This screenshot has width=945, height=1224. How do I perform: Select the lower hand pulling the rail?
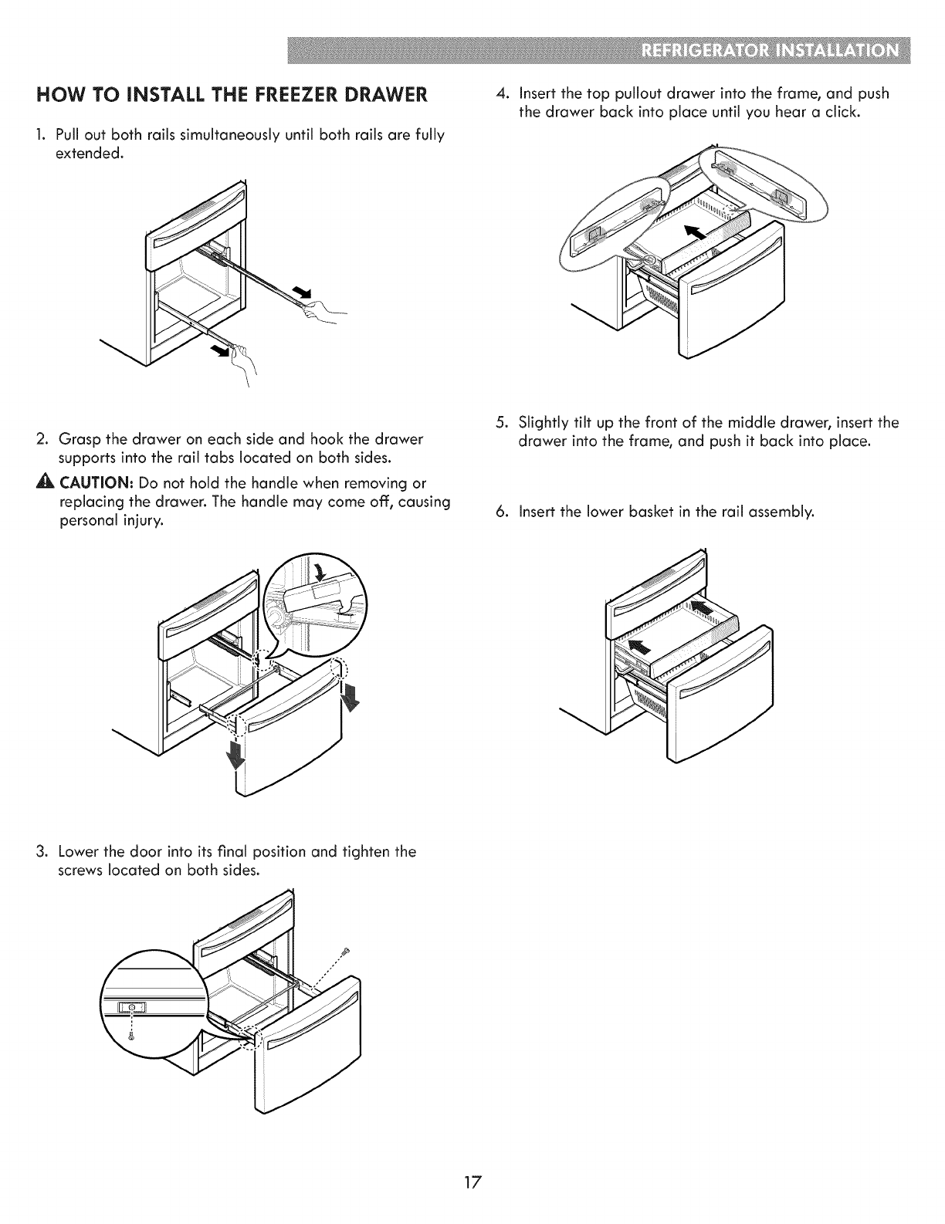tap(246, 361)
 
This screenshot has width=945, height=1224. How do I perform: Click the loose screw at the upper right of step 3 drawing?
tap(347, 948)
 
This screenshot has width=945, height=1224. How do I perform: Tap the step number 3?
tap(40, 852)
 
